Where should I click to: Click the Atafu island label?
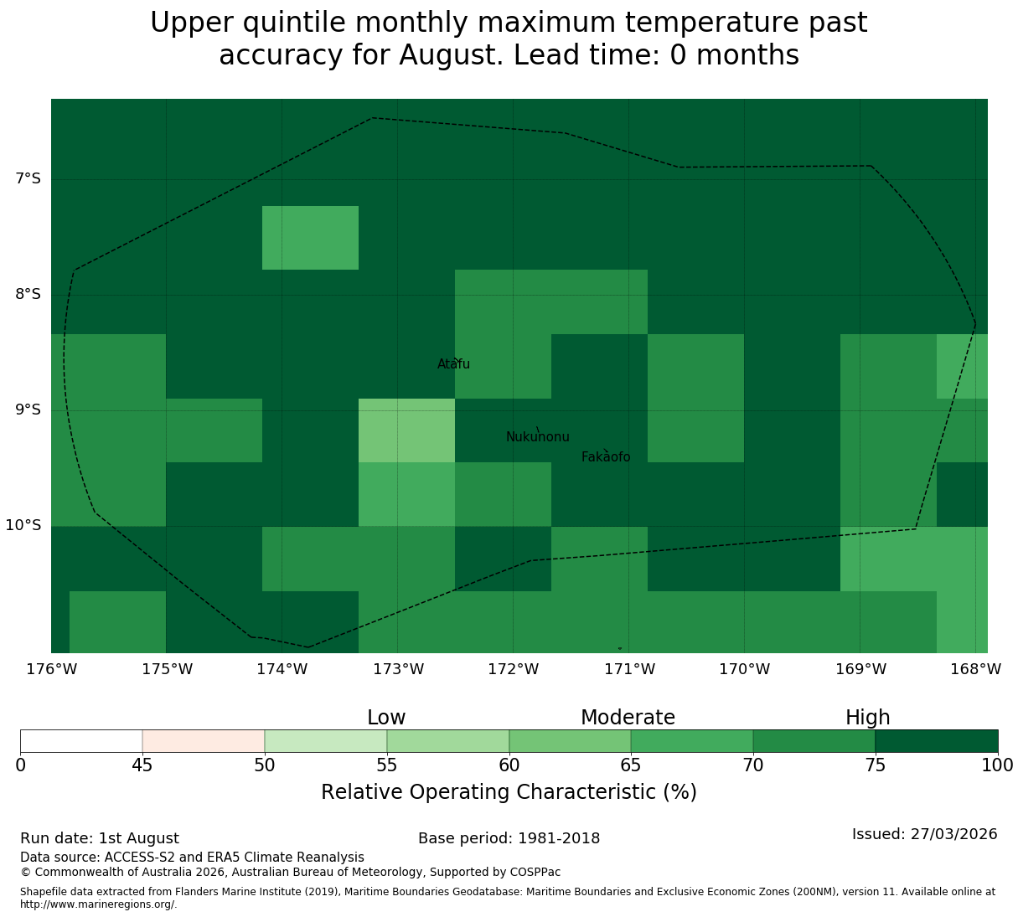453,363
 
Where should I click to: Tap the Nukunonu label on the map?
537,436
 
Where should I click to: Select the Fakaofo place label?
606,456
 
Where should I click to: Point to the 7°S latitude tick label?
28,178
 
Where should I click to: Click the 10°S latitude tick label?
23,525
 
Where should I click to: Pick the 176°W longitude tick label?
52,669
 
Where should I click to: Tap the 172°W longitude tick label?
514,669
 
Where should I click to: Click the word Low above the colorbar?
386,718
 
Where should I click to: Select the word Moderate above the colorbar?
628,718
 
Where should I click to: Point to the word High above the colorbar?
868,718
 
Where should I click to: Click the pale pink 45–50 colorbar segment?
204,741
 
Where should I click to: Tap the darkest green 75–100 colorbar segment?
937,741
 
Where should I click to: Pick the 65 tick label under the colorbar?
631,765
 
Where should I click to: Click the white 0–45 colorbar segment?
81,741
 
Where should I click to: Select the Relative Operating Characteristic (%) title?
509,792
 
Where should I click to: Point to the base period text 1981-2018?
559,838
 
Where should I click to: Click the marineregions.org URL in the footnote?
99,904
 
